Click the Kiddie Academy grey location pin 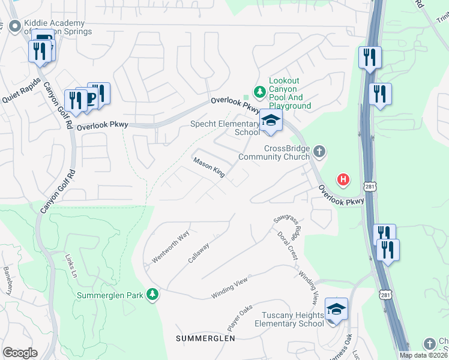tap(14, 26)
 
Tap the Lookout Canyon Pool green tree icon tap(259, 92)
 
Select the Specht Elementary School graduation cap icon tap(271, 120)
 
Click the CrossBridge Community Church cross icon tap(319, 151)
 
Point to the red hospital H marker tap(343, 179)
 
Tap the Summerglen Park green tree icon tap(154, 295)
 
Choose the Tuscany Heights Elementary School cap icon tap(336, 310)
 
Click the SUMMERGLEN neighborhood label tap(205, 339)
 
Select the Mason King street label tap(209, 167)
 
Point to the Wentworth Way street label tap(171, 246)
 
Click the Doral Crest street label tap(292, 246)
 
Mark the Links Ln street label tap(71, 262)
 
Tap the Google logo tap(20, 352)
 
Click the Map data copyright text tap(424, 355)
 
